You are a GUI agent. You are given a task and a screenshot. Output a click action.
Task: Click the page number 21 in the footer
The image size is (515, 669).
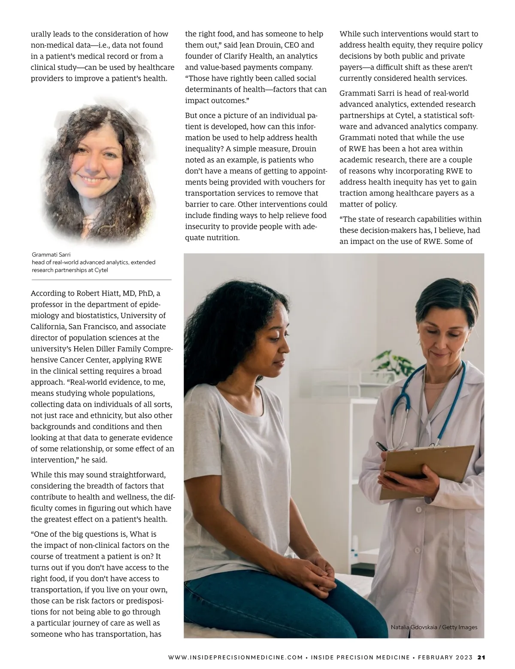[x=481, y=657]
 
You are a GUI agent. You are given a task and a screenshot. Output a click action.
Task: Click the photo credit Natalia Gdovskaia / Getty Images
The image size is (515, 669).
[x=434, y=627]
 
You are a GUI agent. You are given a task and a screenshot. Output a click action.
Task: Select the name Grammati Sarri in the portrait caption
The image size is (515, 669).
[x=51, y=255]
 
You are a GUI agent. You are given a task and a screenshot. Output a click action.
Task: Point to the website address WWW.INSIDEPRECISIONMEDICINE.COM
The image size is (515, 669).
[x=236, y=657]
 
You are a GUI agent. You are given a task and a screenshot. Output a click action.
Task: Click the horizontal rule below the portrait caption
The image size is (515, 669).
[x=101, y=280]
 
